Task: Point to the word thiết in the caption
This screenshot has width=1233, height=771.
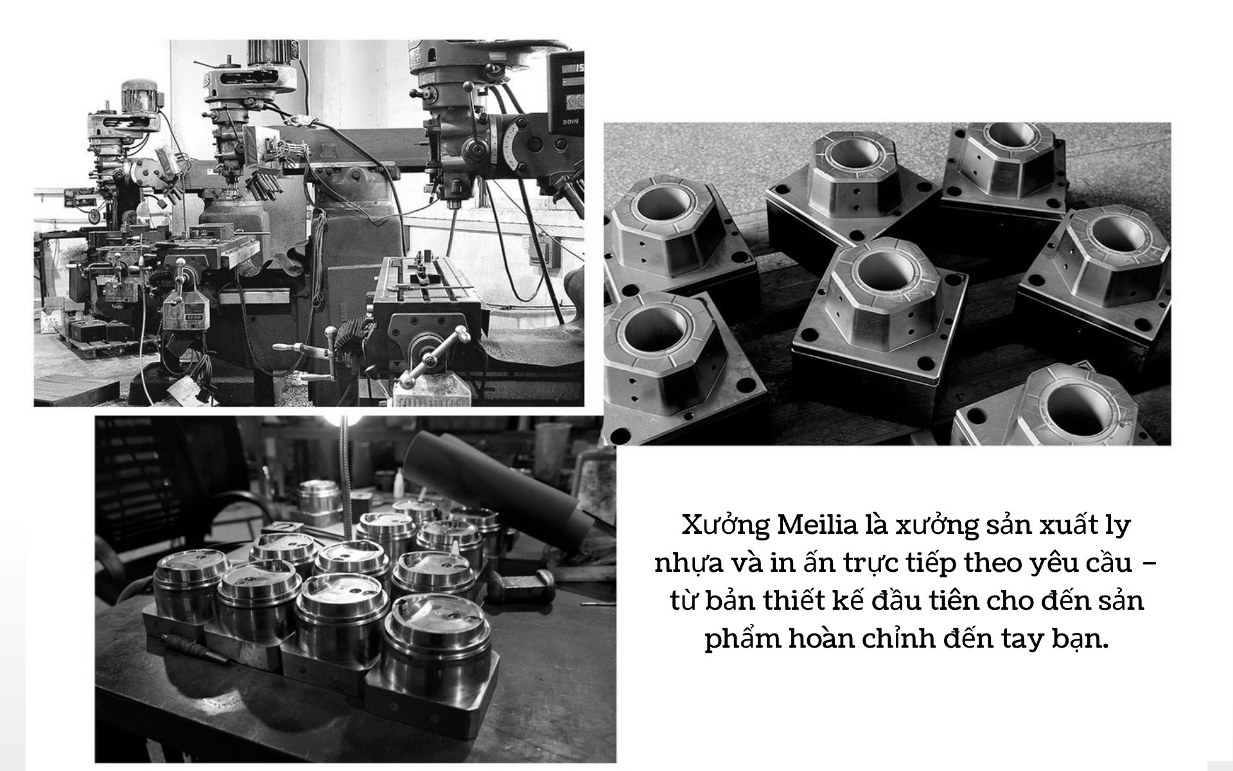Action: pyautogui.click(x=795, y=602)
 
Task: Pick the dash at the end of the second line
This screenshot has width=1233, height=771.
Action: pyautogui.click(x=1151, y=564)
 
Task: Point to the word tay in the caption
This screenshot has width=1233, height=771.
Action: pyautogui.click(x=1025, y=642)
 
